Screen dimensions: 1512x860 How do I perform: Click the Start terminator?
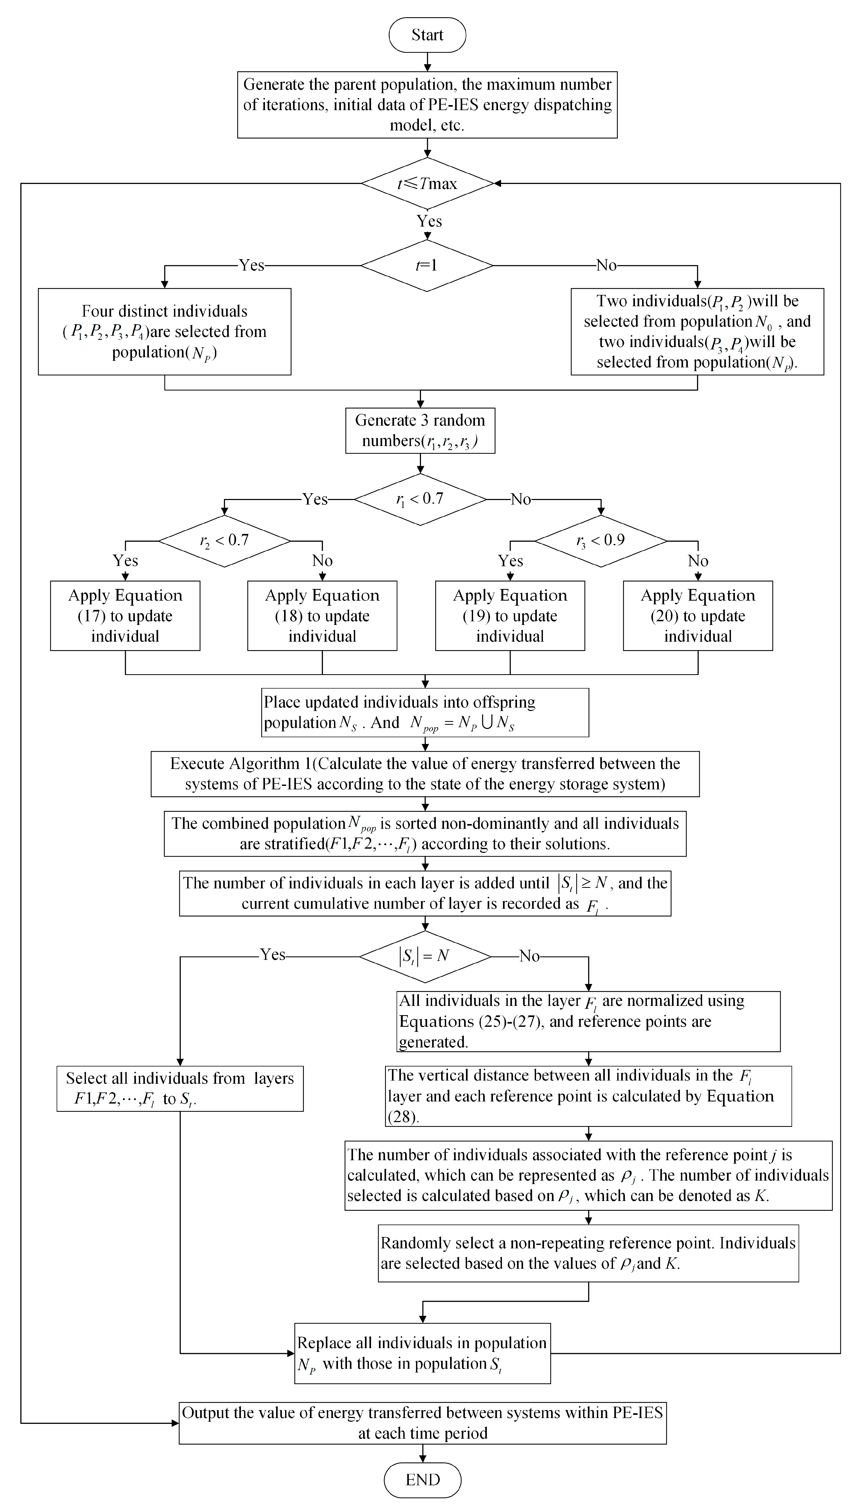(x=427, y=35)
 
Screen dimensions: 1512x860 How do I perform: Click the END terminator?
(x=422, y=1479)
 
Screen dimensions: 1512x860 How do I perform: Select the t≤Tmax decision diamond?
(x=427, y=183)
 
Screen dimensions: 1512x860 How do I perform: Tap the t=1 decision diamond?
(x=427, y=265)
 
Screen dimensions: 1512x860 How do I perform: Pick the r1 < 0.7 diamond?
(x=420, y=499)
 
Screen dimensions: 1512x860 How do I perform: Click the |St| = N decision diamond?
(x=425, y=956)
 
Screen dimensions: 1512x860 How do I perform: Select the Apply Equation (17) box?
(x=125, y=615)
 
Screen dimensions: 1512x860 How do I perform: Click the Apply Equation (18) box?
(x=322, y=615)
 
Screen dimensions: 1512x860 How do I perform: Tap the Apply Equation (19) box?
(x=510, y=615)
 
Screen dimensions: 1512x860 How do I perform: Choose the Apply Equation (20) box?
(x=698, y=615)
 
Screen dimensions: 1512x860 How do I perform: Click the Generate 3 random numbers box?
(x=420, y=430)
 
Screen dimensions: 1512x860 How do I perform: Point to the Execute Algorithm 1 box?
(x=425, y=774)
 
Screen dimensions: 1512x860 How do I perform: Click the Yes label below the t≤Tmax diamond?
(x=429, y=221)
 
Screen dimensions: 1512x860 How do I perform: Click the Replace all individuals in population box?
(x=422, y=1353)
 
